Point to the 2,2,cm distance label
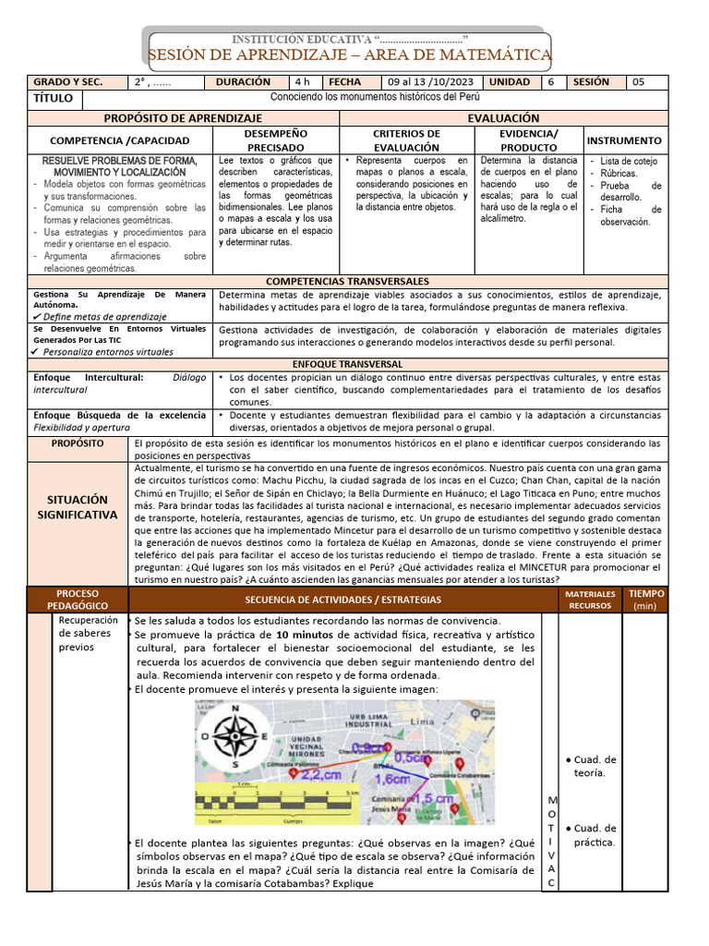point(321,774)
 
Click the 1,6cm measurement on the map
point(395,779)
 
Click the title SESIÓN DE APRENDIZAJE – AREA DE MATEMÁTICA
point(350,55)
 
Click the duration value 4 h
point(303,82)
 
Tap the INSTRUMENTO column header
point(624,140)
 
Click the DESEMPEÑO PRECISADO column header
point(276,140)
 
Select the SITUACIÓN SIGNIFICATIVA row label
point(78,506)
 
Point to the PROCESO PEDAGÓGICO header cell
point(78,600)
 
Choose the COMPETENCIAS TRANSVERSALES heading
point(347,281)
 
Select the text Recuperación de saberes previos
point(88,634)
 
